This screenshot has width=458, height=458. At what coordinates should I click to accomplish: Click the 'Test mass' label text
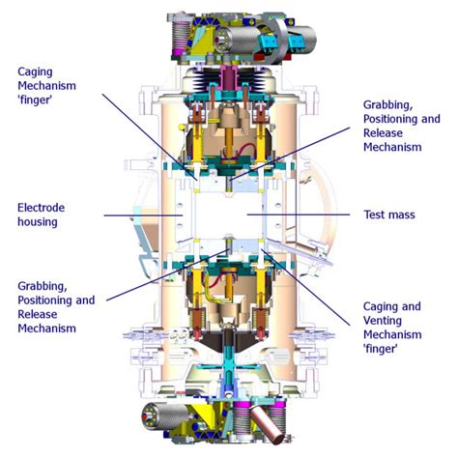click(388, 215)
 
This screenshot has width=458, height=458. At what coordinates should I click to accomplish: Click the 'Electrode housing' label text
click(43, 215)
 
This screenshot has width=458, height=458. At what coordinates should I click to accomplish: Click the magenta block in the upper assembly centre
click(229, 77)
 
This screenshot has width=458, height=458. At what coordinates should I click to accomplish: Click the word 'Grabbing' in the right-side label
click(389, 103)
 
